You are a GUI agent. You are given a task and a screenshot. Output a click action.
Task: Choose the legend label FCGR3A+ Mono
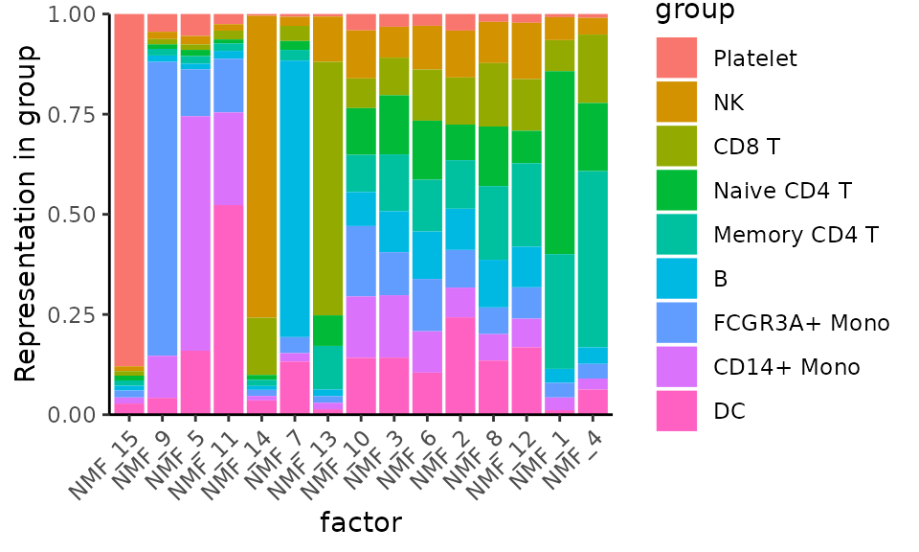[x=801, y=323]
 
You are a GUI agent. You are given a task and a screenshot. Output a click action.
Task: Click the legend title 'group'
[x=694, y=11]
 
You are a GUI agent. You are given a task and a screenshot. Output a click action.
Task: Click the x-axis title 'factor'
[x=360, y=523]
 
